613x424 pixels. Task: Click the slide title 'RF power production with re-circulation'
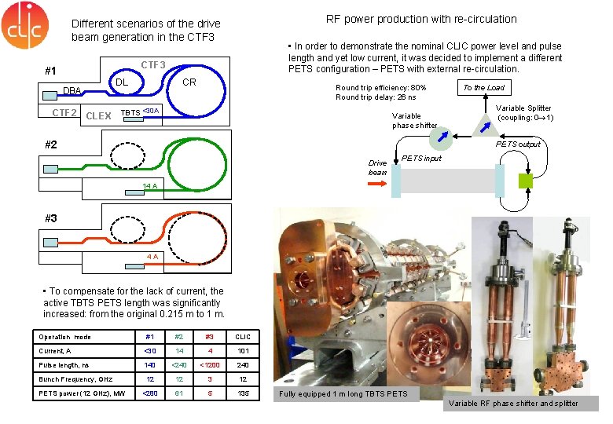pyautogui.click(x=421, y=18)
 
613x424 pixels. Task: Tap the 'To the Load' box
pyautogui.click(x=483, y=87)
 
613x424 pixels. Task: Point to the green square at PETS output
pyautogui.click(x=526, y=181)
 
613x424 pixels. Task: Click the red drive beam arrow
pyautogui.click(x=378, y=181)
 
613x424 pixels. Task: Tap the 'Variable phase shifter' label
pyautogui.click(x=414, y=120)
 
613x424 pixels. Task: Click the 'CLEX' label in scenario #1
pyautogui.click(x=98, y=116)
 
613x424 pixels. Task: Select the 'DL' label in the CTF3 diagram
pyautogui.click(x=122, y=82)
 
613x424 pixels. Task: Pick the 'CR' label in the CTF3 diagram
pyautogui.click(x=189, y=82)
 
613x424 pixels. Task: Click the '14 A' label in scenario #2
pyautogui.click(x=150, y=186)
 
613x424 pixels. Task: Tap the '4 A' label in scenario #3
pyautogui.click(x=152, y=257)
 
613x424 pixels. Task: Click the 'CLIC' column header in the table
pyautogui.click(x=243, y=337)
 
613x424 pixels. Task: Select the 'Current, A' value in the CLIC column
pyautogui.click(x=243, y=351)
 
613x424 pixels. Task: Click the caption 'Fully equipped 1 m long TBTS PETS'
pyautogui.click(x=343, y=393)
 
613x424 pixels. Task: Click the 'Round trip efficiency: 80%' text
pyautogui.click(x=380, y=87)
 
